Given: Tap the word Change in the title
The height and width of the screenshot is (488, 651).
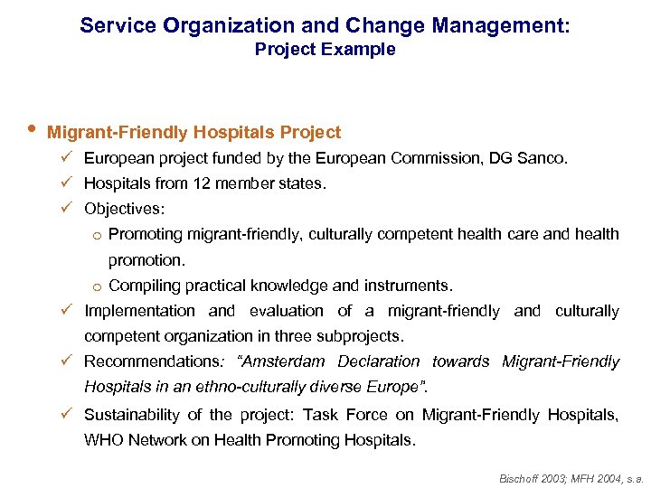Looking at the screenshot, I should click(x=385, y=25).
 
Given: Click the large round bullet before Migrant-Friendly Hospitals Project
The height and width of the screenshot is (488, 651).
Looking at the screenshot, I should click(x=31, y=131).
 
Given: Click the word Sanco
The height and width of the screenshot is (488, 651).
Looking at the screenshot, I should click(x=545, y=158).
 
